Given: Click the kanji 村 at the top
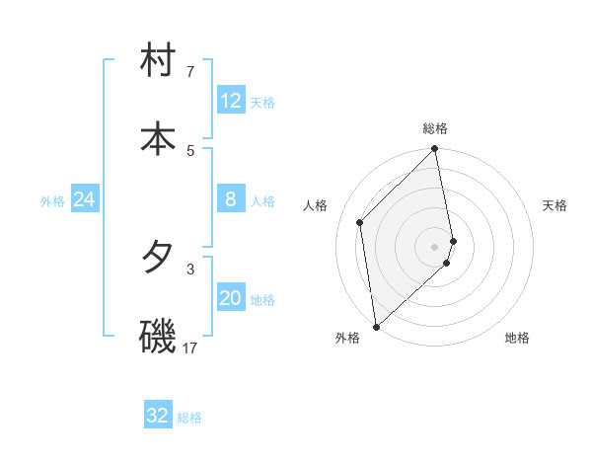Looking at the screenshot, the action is pyautogui.click(x=158, y=62).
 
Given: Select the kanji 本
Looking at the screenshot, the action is pyautogui.click(x=158, y=138).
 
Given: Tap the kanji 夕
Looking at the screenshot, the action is pyautogui.click(x=158, y=258).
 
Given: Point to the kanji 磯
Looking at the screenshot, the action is pyautogui.click(x=158, y=336).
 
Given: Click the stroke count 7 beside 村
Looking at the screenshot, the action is pyautogui.click(x=190, y=72).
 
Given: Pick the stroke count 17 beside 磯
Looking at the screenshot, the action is pyautogui.click(x=190, y=348).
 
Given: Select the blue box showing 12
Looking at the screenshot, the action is pyautogui.click(x=231, y=101).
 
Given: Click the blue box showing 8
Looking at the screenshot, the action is pyautogui.click(x=231, y=199).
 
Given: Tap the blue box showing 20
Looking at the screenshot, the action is pyautogui.click(x=231, y=298).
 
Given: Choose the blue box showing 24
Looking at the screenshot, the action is pyautogui.click(x=85, y=199).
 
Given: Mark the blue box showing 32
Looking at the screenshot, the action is pyautogui.click(x=158, y=416).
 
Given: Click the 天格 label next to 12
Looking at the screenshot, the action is pyautogui.click(x=262, y=103).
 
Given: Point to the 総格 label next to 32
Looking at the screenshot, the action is pyautogui.click(x=189, y=418).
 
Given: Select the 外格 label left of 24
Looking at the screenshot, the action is pyautogui.click(x=52, y=201).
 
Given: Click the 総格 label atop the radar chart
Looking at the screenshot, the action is pyautogui.click(x=435, y=128).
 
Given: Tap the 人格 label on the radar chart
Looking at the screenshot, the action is pyautogui.click(x=316, y=205).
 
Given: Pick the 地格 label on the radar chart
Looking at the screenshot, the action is pyautogui.click(x=517, y=338).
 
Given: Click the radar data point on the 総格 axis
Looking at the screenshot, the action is pyautogui.click(x=435, y=150).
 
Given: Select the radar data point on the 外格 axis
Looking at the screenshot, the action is pyautogui.click(x=376, y=326).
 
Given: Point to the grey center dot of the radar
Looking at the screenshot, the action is pyautogui.click(x=435, y=246).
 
